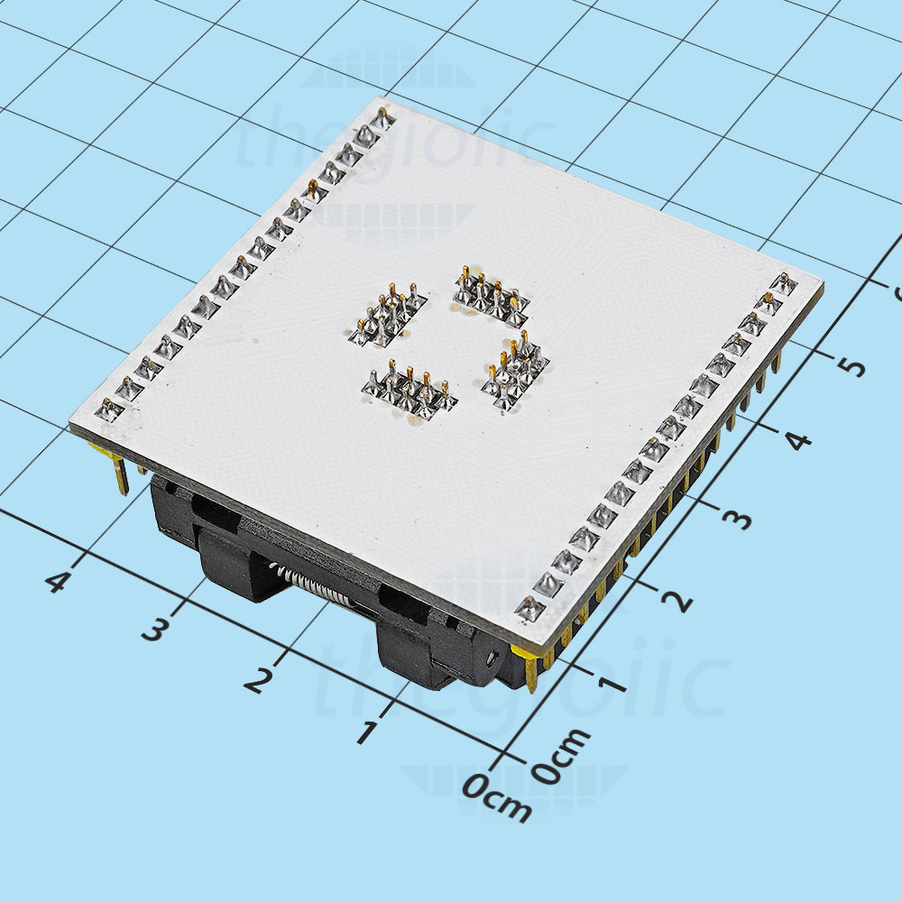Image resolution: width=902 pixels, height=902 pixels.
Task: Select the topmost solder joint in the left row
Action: point(382,118)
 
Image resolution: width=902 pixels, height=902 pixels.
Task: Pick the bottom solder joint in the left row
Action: point(108,410)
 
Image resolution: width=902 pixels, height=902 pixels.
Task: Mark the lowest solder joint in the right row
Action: point(529,607)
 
